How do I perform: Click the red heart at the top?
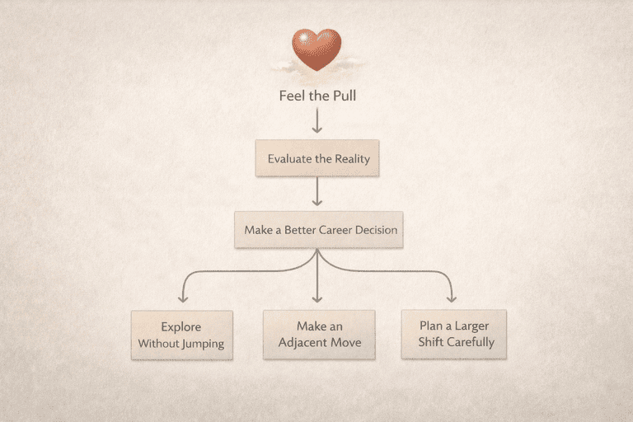tap(316, 49)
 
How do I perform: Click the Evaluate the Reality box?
tap(316, 158)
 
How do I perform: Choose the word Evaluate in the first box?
tap(289, 158)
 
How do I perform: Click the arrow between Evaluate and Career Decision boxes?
tap(316, 193)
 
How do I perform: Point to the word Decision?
tap(376, 230)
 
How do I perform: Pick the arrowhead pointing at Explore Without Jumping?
tap(182, 298)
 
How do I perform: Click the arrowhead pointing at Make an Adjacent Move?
tap(317, 298)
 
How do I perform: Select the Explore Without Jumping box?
tap(181, 335)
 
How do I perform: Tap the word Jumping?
tap(204, 343)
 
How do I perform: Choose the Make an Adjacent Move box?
tap(319, 334)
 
